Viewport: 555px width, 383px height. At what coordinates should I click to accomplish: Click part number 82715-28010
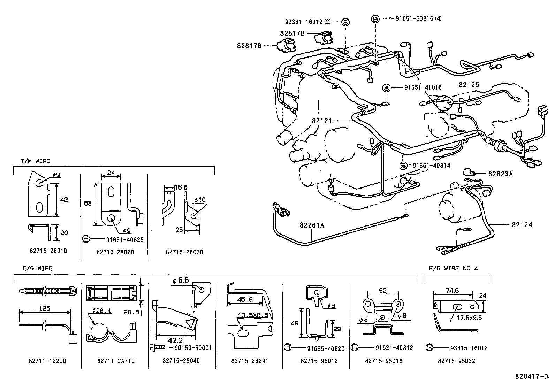click(x=48, y=251)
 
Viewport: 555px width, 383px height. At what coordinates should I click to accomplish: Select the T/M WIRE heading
click(x=35, y=161)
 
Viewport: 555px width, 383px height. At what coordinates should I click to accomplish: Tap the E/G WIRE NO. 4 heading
click(x=454, y=268)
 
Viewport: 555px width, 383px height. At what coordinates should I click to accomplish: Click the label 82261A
click(x=312, y=225)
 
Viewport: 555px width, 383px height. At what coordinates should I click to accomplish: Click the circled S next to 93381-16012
click(x=345, y=22)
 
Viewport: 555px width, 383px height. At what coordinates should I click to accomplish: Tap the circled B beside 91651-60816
click(x=375, y=19)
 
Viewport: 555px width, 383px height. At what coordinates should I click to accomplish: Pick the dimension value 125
click(x=45, y=308)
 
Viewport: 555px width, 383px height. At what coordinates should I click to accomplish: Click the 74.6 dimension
click(x=452, y=290)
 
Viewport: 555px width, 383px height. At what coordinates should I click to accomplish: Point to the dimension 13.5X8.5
click(x=253, y=316)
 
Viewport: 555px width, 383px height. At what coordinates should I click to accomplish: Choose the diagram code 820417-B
click(x=533, y=376)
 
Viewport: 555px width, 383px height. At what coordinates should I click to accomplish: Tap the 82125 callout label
click(x=469, y=85)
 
